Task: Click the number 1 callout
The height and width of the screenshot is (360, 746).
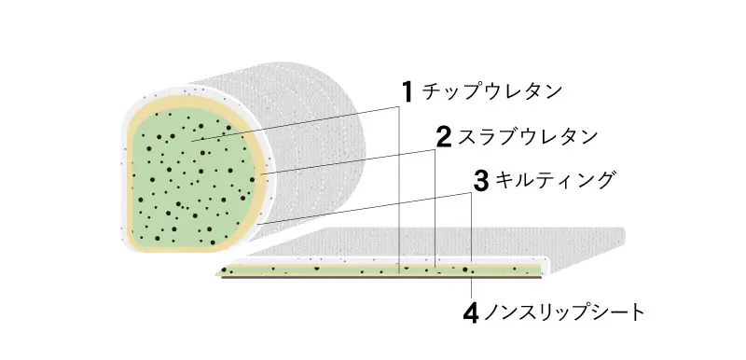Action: [408, 91]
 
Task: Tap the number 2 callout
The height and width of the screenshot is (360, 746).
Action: [444, 137]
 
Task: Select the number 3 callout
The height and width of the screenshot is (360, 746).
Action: [481, 181]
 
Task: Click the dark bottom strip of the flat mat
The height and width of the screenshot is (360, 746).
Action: [373, 278]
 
